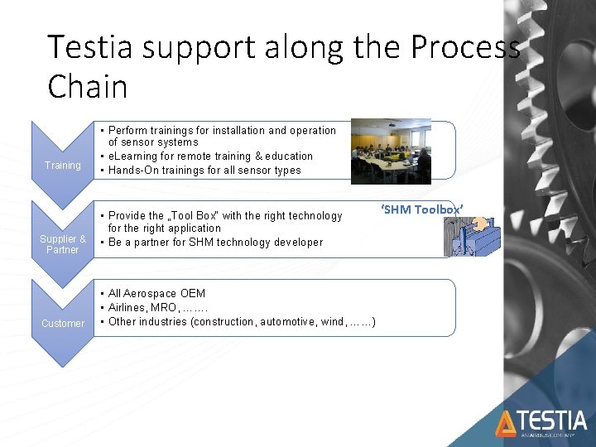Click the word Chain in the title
(x=87, y=86)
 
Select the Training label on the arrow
(x=63, y=166)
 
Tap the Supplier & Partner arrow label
(x=63, y=244)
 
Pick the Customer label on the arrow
(x=63, y=323)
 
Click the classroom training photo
(x=391, y=151)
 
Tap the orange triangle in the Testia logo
(x=505, y=423)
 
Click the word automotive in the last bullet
(x=287, y=322)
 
